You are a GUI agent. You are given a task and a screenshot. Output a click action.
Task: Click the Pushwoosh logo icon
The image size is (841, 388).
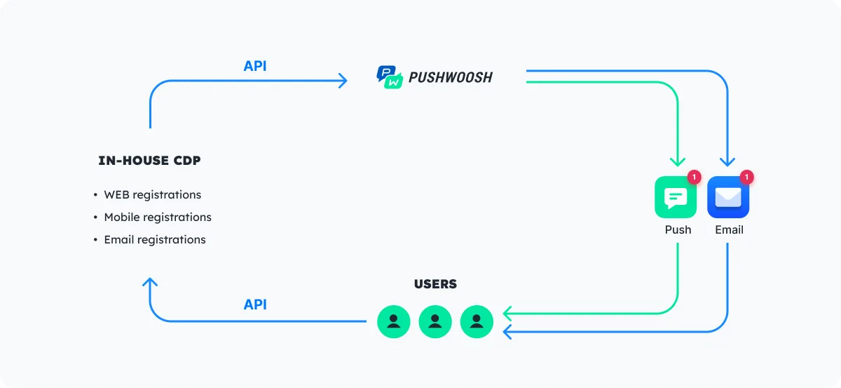coord(390,77)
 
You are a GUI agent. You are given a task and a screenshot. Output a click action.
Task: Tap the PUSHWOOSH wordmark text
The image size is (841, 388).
coord(450,77)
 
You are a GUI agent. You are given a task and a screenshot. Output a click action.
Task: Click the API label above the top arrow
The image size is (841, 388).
coord(255,66)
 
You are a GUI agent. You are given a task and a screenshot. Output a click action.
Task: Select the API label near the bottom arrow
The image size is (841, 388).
coord(255,305)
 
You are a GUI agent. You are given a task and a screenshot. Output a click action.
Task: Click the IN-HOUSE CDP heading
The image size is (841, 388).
coord(149,161)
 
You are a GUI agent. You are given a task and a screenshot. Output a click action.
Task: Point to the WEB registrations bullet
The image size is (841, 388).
coord(152,194)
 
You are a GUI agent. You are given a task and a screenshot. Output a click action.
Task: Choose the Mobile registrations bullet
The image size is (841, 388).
coord(158,217)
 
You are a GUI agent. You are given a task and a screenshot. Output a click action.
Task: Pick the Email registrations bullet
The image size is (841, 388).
coord(155,239)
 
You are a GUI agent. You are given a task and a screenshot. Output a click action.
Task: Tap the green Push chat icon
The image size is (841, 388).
coord(676,197)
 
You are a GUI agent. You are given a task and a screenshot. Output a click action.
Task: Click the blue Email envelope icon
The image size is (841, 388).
coord(728,197)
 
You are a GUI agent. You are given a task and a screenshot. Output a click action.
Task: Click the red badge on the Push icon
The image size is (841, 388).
coord(694,178)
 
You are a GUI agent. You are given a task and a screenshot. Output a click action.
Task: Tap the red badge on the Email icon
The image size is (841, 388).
coord(746,178)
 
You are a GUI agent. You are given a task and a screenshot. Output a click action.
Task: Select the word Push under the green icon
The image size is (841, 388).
coord(678,229)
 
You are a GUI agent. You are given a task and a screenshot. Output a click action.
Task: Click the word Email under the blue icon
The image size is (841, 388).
coord(729,229)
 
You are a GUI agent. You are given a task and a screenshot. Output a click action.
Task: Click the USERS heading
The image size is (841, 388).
coord(435,284)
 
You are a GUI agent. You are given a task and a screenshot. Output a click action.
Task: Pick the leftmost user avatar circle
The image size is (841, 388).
coord(394,321)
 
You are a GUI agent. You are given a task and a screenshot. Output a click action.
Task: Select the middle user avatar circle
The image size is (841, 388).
coord(435,321)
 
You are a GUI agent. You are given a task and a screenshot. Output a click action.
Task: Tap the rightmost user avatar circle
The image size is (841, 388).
coord(477,321)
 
